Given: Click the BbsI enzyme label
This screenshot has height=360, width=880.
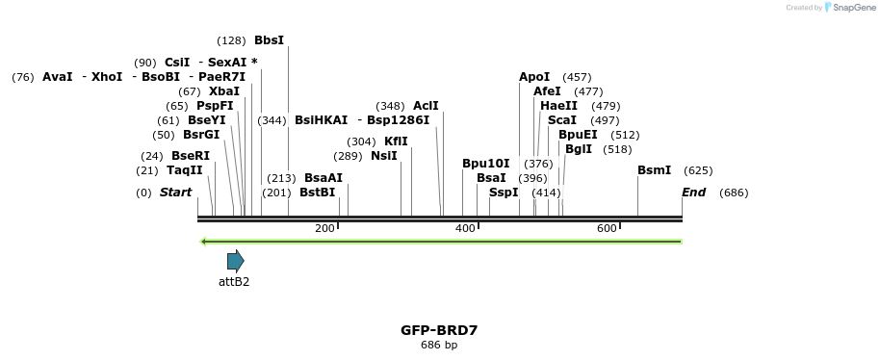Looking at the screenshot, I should tap(269, 40).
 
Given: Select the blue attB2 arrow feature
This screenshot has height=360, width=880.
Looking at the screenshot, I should tap(235, 260).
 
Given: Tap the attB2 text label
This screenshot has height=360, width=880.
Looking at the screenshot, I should tap(234, 282).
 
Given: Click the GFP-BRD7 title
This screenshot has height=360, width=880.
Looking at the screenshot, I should tap(439, 330).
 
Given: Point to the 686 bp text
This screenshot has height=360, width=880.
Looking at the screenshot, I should tap(439, 345).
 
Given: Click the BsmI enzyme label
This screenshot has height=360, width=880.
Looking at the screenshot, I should tap(654, 170).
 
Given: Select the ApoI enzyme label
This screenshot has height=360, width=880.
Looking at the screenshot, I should tap(534, 77).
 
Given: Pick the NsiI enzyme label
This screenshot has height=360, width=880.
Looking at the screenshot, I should tap(383, 156).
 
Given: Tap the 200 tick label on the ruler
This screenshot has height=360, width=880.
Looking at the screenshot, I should tap(324, 228).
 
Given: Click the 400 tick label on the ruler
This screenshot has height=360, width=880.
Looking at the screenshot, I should tap(465, 228).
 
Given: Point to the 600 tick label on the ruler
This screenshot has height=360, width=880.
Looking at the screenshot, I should tap(607, 228).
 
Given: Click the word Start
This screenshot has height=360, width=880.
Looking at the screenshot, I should tap(175, 193).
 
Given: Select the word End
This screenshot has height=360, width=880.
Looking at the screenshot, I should tap(693, 193).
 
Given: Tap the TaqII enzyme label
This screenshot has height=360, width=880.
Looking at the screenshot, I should tap(184, 170).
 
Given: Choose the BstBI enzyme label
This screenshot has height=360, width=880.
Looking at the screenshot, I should tap(317, 193).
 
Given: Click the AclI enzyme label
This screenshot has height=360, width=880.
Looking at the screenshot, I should tap(426, 106).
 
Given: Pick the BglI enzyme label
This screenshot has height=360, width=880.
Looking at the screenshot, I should tap(579, 149).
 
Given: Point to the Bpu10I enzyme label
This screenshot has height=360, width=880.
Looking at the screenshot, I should tap(485, 164).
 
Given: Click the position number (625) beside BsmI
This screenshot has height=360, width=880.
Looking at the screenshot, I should tap(698, 170).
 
